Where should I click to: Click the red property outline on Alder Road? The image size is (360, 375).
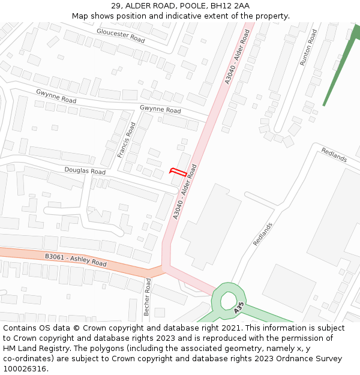[x=177, y=172]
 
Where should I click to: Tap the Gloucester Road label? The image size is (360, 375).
[x=121, y=35]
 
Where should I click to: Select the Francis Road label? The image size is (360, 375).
[x=127, y=140]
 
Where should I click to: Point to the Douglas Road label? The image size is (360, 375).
[x=85, y=172]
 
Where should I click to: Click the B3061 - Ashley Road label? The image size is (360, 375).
[x=76, y=260]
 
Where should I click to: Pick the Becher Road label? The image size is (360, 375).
[x=148, y=297]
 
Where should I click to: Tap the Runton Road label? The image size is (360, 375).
[x=308, y=47]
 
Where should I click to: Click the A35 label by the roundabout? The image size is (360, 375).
[x=239, y=309]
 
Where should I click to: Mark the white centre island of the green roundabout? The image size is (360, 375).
[x=229, y=299]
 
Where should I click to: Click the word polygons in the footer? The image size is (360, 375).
[x=118, y=349]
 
